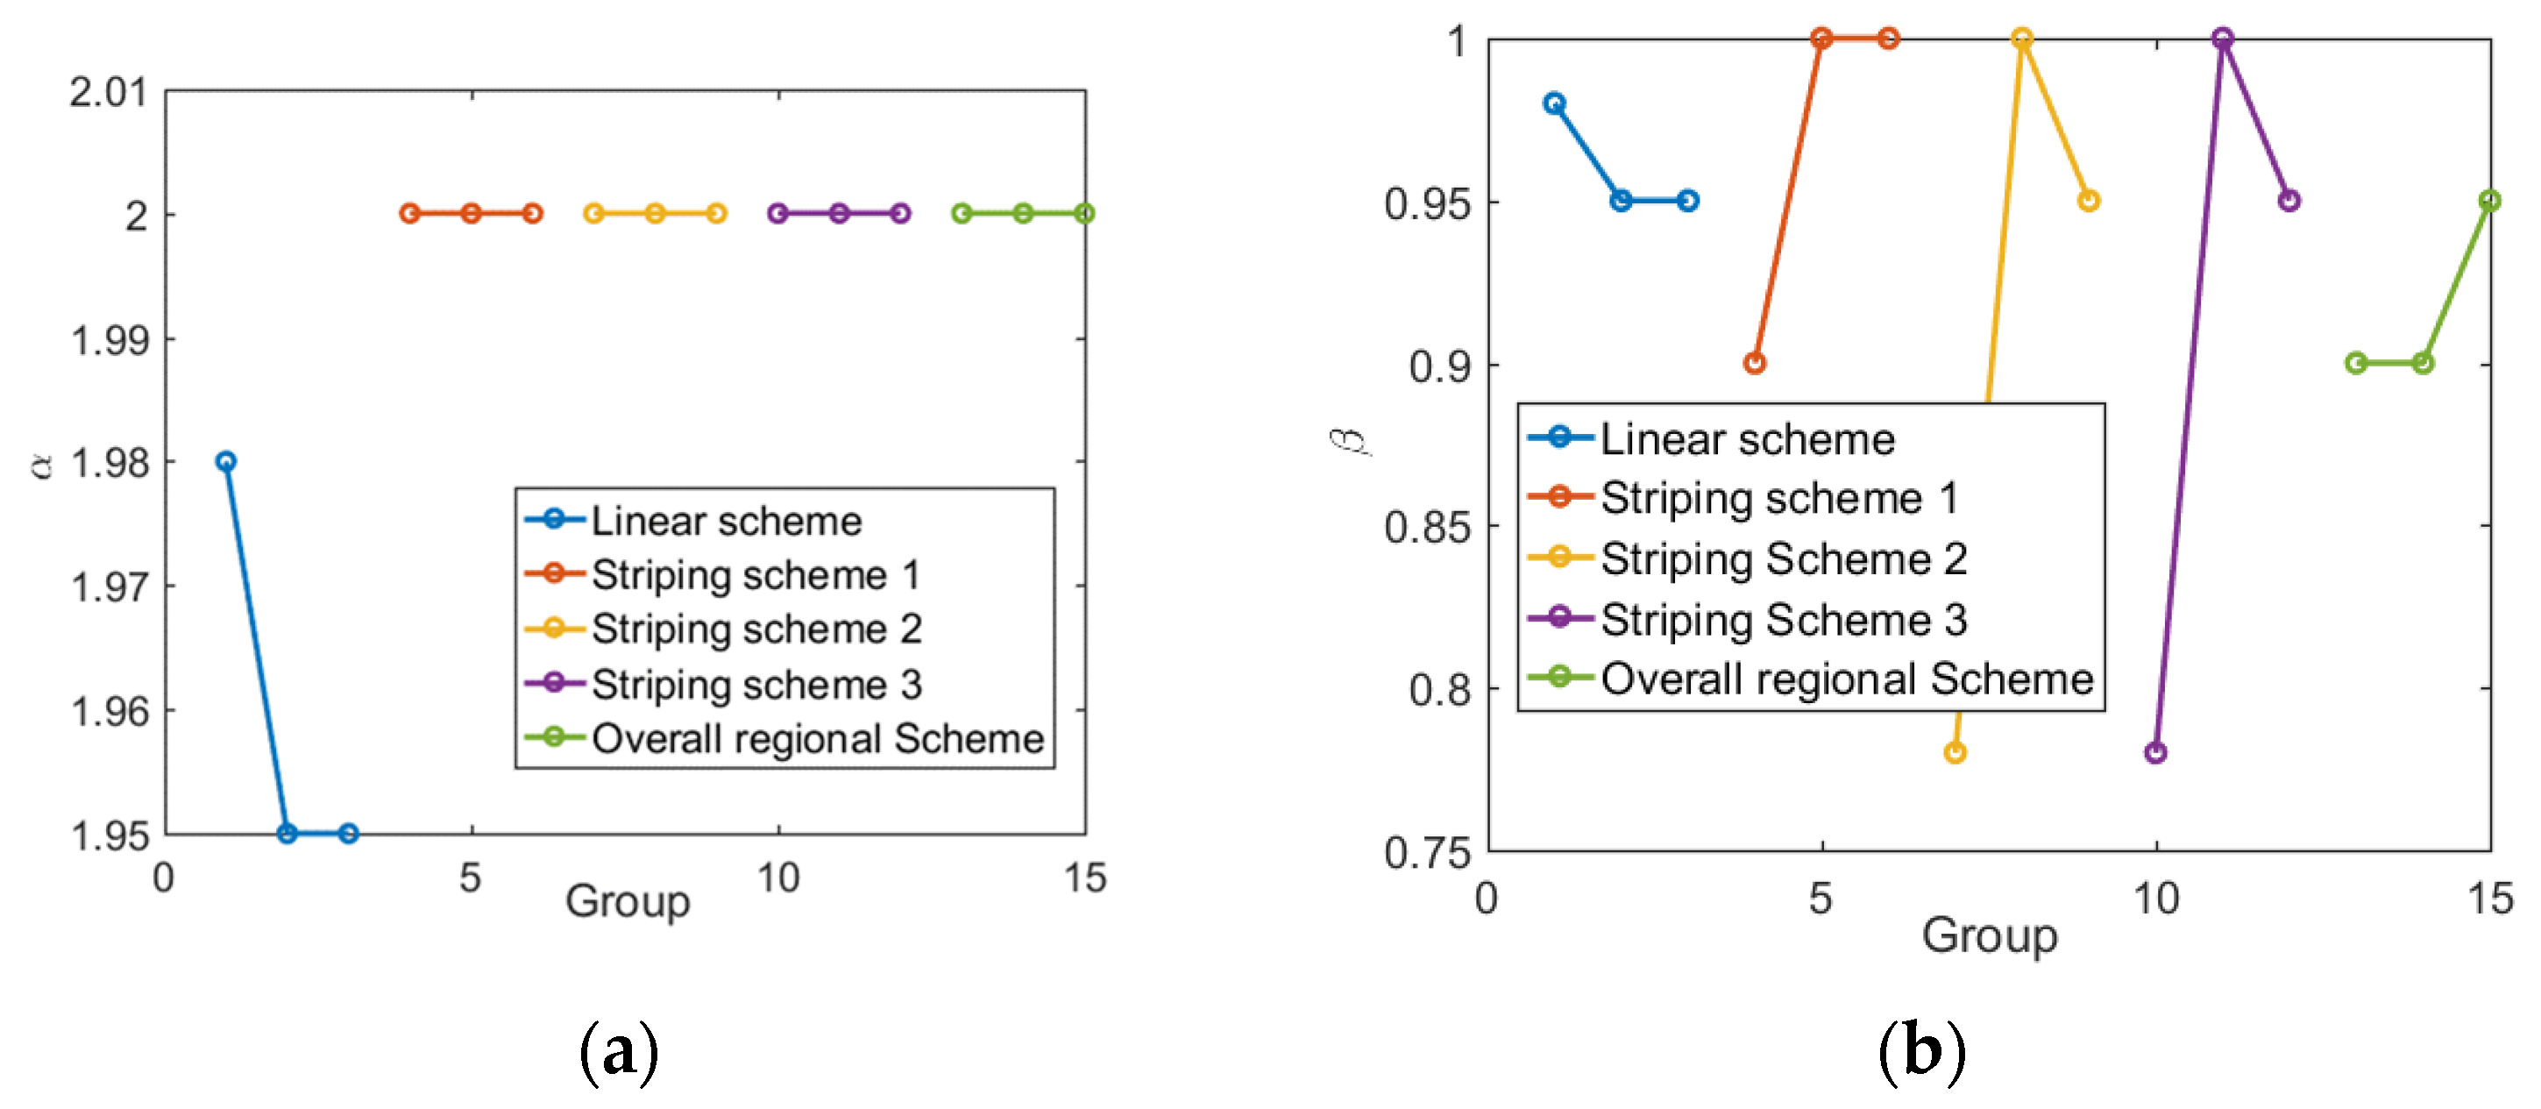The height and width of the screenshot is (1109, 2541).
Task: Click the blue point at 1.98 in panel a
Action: click(x=226, y=461)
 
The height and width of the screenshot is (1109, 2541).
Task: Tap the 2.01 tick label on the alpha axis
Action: click(x=108, y=92)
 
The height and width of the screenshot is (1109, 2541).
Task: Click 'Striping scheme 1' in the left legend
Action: click(x=756, y=574)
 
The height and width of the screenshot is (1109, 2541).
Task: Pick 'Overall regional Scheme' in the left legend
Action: click(x=817, y=738)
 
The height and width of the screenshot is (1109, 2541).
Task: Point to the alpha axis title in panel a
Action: click(x=40, y=464)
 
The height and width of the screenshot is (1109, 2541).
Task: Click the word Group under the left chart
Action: click(x=628, y=901)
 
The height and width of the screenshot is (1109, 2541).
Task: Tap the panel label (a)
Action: click(x=619, y=1052)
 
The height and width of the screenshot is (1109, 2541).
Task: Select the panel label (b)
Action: click(x=1921, y=1052)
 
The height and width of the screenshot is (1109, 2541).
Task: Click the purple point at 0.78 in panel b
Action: click(x=2155, y=753)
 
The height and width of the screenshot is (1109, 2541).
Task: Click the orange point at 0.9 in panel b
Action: click(x=1755, y=363)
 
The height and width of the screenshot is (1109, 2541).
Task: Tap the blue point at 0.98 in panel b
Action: click(x=1555, y=103)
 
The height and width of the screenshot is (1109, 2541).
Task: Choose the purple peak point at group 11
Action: click(x=2222, y=39)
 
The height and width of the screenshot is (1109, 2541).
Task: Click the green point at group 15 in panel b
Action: click(x=2489, y=200)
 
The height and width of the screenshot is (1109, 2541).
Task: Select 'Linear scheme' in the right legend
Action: click(x=1747, y=439)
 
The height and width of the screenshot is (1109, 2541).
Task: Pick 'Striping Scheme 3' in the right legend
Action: click(x=1784, y=620)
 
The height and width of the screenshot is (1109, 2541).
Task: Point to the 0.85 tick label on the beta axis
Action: click(x=1426, y=527)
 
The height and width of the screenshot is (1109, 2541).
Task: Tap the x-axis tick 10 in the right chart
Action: click(x=2155, y=898)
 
